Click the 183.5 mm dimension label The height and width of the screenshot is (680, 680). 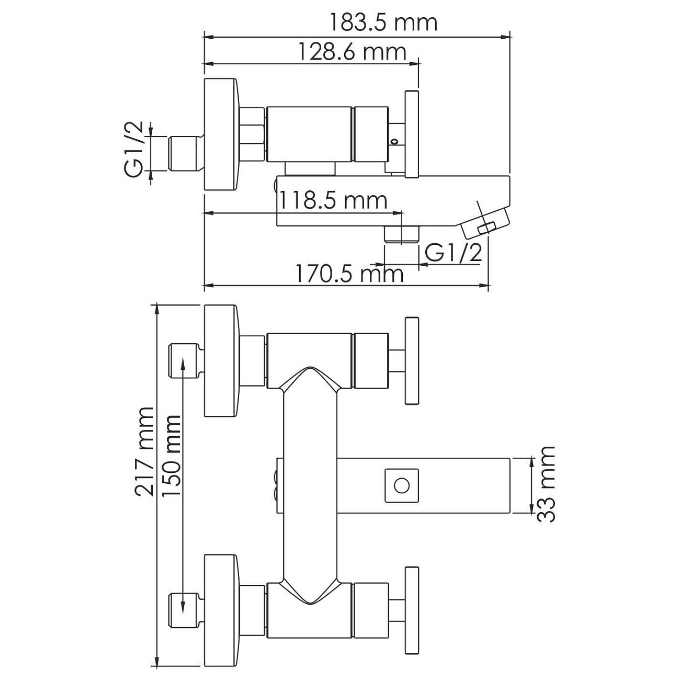(383, 22)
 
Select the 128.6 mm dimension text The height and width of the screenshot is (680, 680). (352, 52)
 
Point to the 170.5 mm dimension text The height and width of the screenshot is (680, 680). (349, 274)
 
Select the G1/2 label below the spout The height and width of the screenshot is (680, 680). (453, 253)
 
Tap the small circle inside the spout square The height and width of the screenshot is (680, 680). (401, 486)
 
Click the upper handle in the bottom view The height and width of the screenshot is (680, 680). (412, 360)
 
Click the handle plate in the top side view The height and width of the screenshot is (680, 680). (412, 134)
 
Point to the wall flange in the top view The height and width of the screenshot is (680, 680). (222, 134)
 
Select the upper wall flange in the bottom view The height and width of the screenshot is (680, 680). (222, 361)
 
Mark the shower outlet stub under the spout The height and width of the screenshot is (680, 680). (402, 234)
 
